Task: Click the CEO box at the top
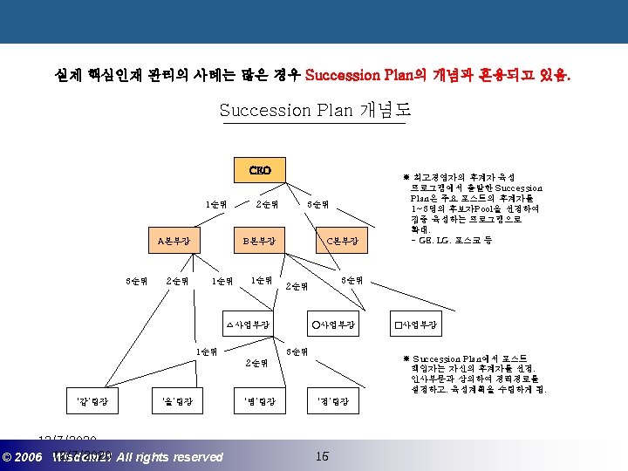point(260,168)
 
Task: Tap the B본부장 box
point(259,240)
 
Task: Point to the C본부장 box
point(348,240)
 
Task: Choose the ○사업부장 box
point(332,324)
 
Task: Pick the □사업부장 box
point(415,324)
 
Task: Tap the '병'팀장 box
point(259,401)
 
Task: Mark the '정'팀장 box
point(332,401)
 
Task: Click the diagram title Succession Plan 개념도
point(315,110)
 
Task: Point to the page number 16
point(322,456)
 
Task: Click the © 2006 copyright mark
point(24,457)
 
